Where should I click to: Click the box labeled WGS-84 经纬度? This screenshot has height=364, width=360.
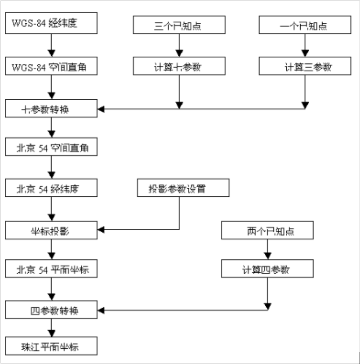pos(51,23)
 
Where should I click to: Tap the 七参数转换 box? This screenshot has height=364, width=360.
pos(51,109)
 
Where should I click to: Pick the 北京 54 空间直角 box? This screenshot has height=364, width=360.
pos(51,147)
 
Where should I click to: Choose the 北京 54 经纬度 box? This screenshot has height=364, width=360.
pos(51,188)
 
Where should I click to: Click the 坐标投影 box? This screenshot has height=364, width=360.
pos(51,231)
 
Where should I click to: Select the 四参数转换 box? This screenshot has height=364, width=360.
pos(51,310)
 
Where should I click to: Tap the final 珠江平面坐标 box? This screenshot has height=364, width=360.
pos(51,347)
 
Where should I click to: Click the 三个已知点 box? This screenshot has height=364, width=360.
pos(179,25)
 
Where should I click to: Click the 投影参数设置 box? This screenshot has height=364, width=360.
pos(183,188)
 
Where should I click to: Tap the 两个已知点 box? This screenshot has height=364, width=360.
pos(267,231)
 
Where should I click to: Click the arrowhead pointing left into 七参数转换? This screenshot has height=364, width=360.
pos(101,109)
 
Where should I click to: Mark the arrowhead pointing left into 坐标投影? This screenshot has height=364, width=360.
pos(101,231)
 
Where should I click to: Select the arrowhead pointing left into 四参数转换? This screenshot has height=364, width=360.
pos(101,310)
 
